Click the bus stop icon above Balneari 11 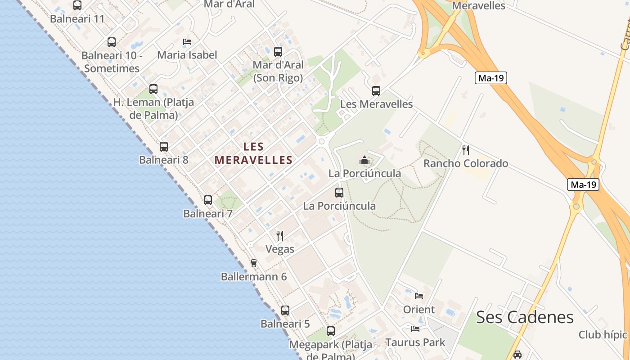click(x=77, y=5)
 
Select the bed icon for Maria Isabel click(x=187, y=42)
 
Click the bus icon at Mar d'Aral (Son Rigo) click(x=278, y=52)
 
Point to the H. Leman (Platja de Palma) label click(x=154, y=108)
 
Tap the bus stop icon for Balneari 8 click(x=164, y=147)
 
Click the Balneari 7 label click(x=208, y=214)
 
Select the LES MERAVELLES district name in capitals click(x=254, y=153)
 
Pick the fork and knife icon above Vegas click(x=280, y=235)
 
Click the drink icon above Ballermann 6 click(x=254, y=263)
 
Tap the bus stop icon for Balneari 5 click(x=285, y=310)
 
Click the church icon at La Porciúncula click(x=364, y=160)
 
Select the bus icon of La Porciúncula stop click(x=339, y=193)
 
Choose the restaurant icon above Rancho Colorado click(x=466, y=150)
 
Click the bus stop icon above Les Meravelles click(x=376, y=91)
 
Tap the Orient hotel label click(x=419, y=310)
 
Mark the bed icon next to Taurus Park click(x=415, y=329)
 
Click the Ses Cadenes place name click(x=525, y=317)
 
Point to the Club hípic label click(x=603, y=335)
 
